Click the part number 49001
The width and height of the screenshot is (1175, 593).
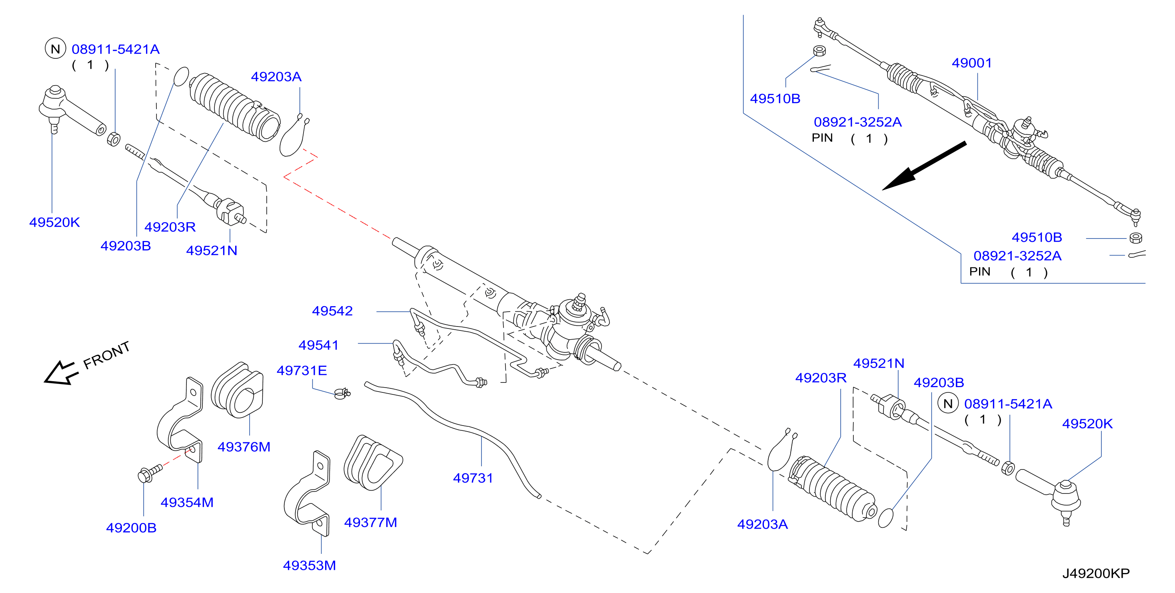[971, 63]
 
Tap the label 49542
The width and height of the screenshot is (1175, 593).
[332, 311]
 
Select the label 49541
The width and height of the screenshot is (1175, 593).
[318, 345]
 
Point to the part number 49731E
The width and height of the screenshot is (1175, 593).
[302, 370]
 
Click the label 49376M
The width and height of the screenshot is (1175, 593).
[244, 447]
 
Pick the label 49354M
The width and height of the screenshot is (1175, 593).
[187, 502]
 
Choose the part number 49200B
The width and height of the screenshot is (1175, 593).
[131, 528]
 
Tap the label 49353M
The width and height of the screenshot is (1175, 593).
[309, 566]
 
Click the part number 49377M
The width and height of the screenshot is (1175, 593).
[370, 522]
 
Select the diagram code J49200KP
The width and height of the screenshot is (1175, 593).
[1096, 573]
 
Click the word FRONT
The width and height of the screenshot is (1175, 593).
[106, 355]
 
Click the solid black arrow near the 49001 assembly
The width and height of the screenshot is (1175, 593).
[924, 166]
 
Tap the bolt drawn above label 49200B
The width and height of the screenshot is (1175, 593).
[150, 473]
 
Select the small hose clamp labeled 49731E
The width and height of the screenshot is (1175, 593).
[342, 393]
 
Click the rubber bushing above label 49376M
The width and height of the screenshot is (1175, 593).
[237, 390]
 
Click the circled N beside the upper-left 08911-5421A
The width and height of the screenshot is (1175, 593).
[55, 48]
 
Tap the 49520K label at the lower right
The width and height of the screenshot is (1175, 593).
[1087, 424]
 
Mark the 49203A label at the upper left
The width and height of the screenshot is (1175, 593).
[276, 77]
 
